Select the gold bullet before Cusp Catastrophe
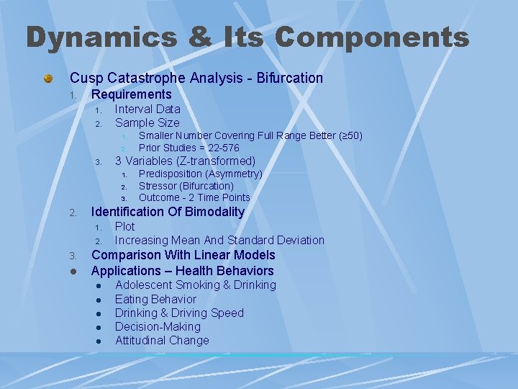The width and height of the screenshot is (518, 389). (47, 78)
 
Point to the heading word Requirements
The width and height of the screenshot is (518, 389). (132, 94)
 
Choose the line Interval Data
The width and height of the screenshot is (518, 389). (147, 109)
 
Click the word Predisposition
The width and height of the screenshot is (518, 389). (170, 174)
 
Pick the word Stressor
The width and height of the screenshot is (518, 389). (157, 186)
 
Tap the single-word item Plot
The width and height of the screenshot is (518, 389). (125, 226)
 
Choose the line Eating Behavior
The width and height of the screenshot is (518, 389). (155, 299)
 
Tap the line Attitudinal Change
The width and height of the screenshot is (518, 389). (162, 340)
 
